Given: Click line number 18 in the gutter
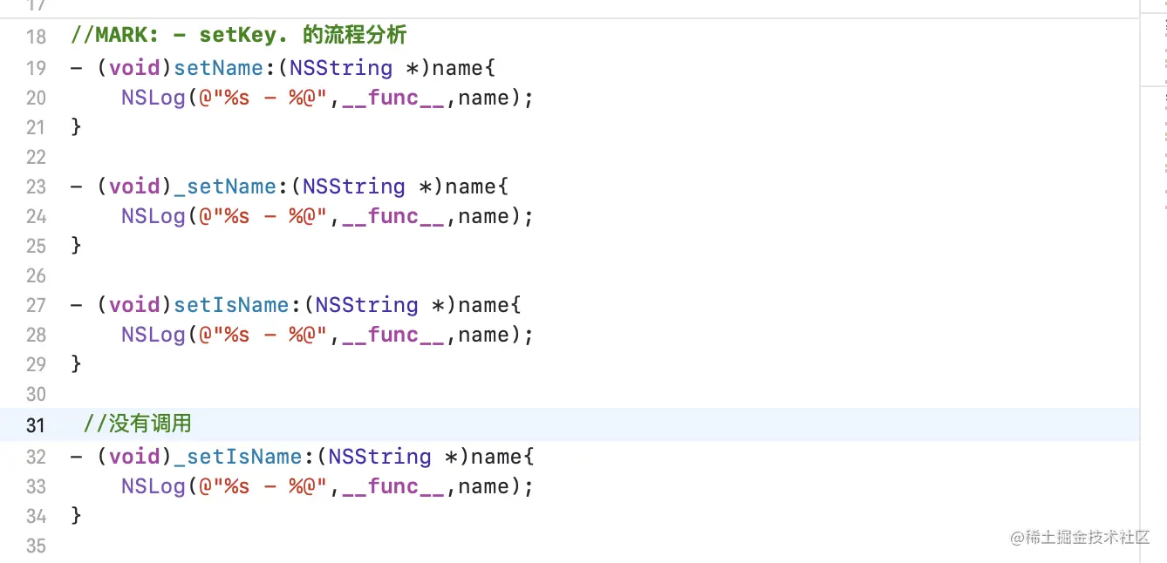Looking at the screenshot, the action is [x=36, y=37].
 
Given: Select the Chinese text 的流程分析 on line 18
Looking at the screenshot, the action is [x=354, y=37].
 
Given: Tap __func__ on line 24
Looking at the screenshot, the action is [x=393, y=216].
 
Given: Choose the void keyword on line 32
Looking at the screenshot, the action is [x=134, y=457].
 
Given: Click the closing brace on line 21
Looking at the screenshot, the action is [x=76, y=127].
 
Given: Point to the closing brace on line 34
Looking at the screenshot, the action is [x=76, y=516].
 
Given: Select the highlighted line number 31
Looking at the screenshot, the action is [x=36, y=425].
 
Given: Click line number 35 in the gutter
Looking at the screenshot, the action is [x=36, y=546].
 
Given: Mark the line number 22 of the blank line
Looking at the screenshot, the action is [x=36, y=158].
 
